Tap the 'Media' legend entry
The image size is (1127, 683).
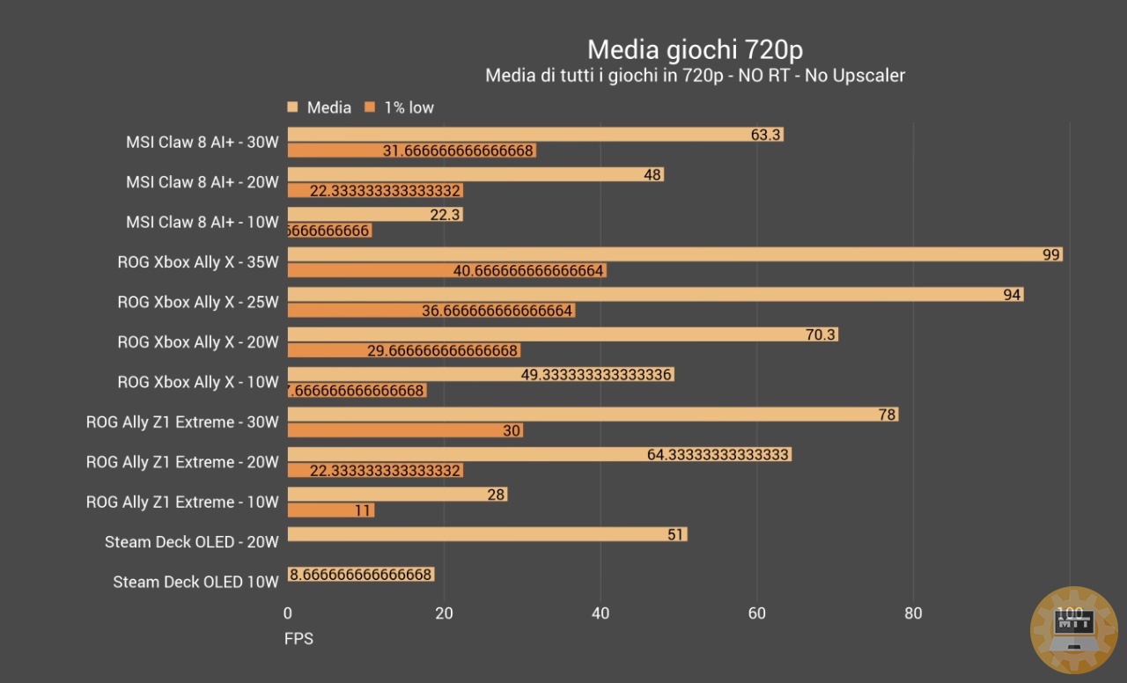point(328,107)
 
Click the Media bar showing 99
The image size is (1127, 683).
point(674,254)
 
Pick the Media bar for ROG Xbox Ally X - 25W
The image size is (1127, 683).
point(655,295)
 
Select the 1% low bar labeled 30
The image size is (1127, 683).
point(405,430)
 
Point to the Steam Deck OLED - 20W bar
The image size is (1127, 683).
point(487,534)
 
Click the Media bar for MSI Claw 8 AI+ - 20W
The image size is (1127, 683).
point(475,175)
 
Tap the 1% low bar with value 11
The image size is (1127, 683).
point(331,510)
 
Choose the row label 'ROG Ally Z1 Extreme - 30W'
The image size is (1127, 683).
point(182,422)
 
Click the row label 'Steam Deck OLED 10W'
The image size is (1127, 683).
point(195,582)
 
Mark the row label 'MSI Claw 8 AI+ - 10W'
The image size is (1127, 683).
point(202,222)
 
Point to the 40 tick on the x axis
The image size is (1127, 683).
point(600,613)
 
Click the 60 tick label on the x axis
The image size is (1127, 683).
point(757,613)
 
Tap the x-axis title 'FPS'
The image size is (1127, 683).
point(298,639)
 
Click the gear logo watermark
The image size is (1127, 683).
point(1073,629)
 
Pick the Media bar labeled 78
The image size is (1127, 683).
point(593,415)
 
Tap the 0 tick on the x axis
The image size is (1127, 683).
point(288,613)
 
